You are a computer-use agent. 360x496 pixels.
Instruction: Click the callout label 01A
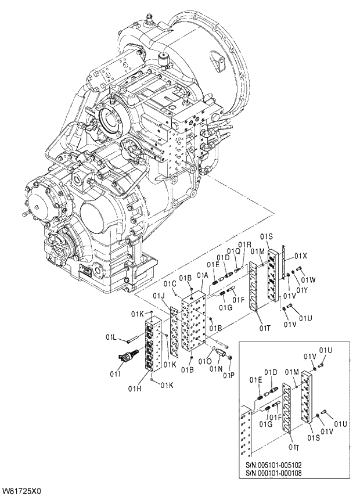pos(203,275)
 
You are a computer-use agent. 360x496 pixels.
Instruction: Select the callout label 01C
pos(170,283)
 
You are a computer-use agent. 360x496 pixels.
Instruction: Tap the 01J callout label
pos(159,296)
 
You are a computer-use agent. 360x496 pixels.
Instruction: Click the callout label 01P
pos(228,375)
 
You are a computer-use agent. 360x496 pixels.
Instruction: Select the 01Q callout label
pos(233,251)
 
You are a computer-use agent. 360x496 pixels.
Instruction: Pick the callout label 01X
pos(300,256)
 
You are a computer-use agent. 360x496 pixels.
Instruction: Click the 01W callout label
pos(308,280)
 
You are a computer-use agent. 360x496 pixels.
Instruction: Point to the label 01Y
pos(301,290)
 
